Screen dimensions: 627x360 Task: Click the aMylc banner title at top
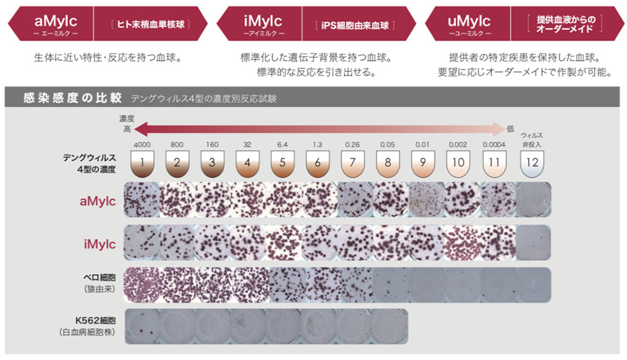pos(56,21)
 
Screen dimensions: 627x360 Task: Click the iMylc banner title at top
pos(263,21)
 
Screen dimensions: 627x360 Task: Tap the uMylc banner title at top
pos(469,21)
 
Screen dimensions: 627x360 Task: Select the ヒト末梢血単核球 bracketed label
pos(150,24)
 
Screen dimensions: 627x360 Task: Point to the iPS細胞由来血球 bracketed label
pos(355,26)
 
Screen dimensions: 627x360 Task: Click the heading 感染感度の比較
pos(72,98)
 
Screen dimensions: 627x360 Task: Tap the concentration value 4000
pos(142,144)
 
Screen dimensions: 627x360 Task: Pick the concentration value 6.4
pos(282,144)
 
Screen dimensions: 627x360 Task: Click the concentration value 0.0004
pos(494,144)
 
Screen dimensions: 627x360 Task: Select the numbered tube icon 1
pos(142,163)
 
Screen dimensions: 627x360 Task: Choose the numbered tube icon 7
pos(352,163)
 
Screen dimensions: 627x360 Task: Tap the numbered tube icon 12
pos(532,163)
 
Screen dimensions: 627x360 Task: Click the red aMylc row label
pos(98,201)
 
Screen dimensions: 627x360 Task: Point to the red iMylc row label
pos(100,244)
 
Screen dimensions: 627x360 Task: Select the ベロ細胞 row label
pos(100,277)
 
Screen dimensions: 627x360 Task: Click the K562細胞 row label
pos(95,320)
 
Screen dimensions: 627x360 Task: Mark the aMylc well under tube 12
pos(534,199)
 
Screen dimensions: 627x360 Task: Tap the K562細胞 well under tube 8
pos(390,326)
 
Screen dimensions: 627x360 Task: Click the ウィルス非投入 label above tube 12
pos(532,140)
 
